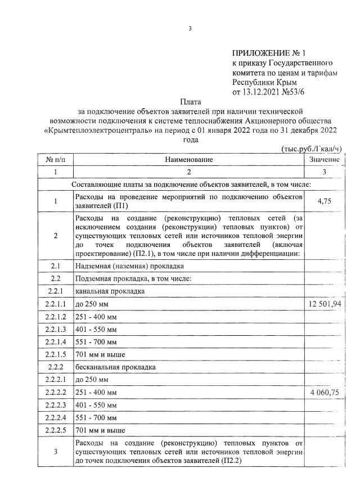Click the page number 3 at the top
[x=190, y=29]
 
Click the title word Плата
[x=190, y=102]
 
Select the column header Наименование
[x=189, y=160]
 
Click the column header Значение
[x=325, y=160]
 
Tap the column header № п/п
[x=55, y=160]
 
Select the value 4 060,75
[x=325, y=393]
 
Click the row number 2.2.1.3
[x=55, y=329]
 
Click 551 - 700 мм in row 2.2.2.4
[x=96, y=418]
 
